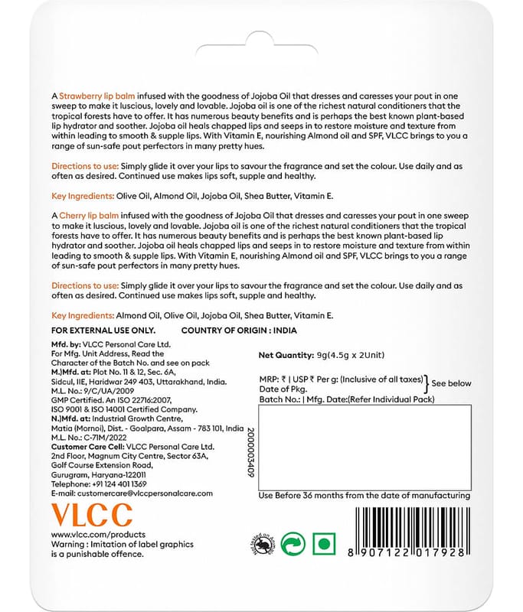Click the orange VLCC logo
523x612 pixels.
(92, 514)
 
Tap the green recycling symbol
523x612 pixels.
(293, 545)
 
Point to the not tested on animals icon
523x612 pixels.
(260, 544)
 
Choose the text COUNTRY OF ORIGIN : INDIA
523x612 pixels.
(238, 330)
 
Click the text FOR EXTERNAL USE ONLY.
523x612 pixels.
(103, 330)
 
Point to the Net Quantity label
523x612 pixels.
(286, 356)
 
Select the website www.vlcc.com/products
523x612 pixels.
(98, 534)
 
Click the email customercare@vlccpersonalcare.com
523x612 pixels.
(132, 493)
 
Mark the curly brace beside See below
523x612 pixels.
(427, 385)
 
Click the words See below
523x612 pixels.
(452, 383)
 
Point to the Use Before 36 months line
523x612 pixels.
(364, 495)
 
